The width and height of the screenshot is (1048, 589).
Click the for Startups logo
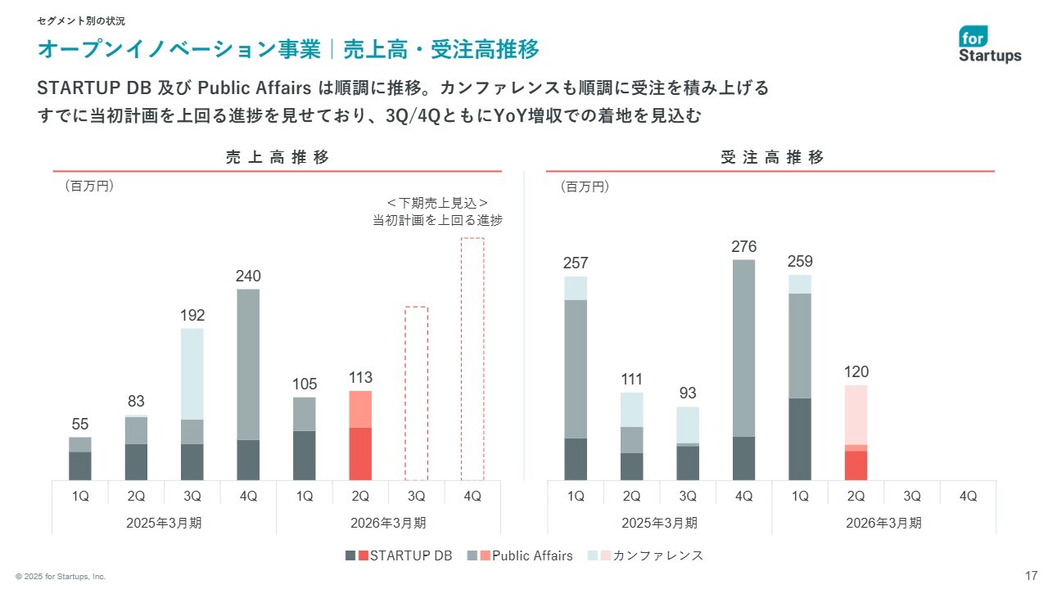pos(990,45)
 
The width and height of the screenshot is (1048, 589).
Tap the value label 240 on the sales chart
pos(248,276)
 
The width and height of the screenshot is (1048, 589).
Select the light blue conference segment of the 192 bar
pos(192,374)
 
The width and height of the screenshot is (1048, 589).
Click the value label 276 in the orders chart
pos(744,246)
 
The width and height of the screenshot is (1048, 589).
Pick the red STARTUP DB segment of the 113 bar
pos(360,453)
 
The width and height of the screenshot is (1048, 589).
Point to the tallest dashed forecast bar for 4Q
pos(472,359)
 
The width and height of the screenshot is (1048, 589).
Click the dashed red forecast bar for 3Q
pos(416,393)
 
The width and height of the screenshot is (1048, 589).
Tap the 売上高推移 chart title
pos(278,158)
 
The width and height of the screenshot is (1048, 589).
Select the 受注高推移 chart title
pos(772,158)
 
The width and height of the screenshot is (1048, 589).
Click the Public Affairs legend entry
pos(524,555)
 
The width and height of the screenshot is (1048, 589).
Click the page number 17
pos(1031,575)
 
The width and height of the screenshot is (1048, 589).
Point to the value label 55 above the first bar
pos(80,424)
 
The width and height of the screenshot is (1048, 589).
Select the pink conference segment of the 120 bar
pos(856,414)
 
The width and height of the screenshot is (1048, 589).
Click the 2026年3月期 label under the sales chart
pos(388,523)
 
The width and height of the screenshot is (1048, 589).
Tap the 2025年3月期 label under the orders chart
pos(660,523)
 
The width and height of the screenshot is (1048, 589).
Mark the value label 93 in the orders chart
pos(689,393)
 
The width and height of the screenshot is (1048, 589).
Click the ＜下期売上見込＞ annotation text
pos(437,203)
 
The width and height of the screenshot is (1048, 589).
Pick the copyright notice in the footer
pos(61,577)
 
